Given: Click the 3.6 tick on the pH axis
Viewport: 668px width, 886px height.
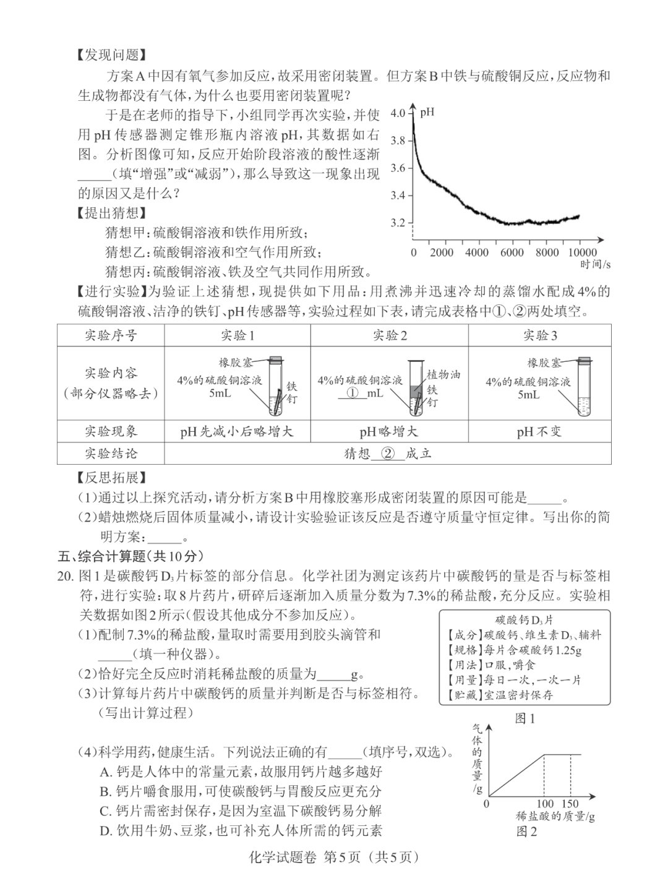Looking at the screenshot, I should click(399, 168).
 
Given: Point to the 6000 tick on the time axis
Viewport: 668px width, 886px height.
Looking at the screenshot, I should click(512, 252).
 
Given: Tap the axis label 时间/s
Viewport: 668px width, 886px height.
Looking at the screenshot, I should click(595, 264).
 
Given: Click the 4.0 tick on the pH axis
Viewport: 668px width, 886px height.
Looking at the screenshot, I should click(399, 113).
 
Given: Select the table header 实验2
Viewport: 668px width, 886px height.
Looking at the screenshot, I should click(389, 335).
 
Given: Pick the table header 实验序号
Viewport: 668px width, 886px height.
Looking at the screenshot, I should click(111, 335).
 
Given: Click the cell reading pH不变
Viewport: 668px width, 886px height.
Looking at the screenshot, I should click(539, 431).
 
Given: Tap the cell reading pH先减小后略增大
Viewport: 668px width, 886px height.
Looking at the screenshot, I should click(237, 431).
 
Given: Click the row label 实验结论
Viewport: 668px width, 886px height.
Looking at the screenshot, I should click(111, 454).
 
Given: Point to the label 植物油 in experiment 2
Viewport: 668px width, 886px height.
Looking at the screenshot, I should click(443, 374).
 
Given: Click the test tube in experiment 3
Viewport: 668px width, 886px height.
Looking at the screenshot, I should click(584, 386).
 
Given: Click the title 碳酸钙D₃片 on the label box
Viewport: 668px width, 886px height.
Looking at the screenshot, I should click(525, 620).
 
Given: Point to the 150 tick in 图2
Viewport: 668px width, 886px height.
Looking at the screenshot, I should click(570, 804).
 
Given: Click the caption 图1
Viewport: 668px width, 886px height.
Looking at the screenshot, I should click(525, 718).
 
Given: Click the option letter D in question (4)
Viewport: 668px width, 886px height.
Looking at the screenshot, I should click(105, 830).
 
